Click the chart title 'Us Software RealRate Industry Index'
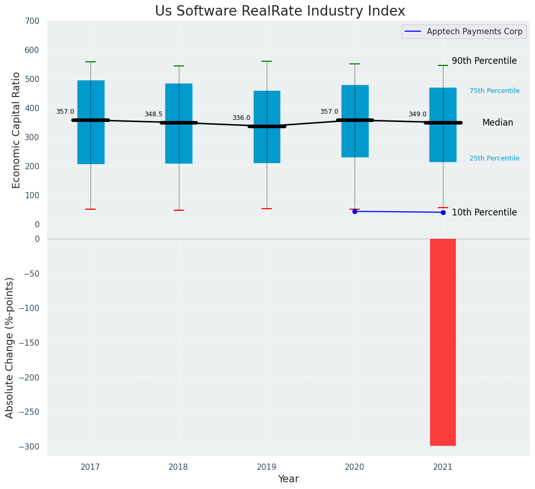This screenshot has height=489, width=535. pos(280,11)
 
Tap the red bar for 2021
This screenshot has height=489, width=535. pos(442,342)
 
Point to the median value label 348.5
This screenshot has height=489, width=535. pos(153,114)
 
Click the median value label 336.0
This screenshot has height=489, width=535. pos(241,118)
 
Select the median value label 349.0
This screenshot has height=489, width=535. pos(417,114)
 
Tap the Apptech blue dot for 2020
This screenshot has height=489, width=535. pos(355,211)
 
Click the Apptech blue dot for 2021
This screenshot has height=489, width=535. pos(443,212)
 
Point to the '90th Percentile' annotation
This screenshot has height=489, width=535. pos(484,61)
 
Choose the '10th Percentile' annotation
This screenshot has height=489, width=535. pos(484,212)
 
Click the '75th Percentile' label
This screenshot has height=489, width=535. pos(494,91)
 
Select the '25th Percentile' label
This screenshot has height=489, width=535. pos(494,158)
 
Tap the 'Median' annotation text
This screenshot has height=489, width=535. pos(498,123)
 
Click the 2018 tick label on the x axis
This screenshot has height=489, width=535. pos(179,467)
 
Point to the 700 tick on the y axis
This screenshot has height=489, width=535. pos(32,21)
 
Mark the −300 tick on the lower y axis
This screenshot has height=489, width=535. pos(30,446)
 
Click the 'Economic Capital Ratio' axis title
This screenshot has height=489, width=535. pos(17,130)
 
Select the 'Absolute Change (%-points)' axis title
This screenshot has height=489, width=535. pos(10,347)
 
